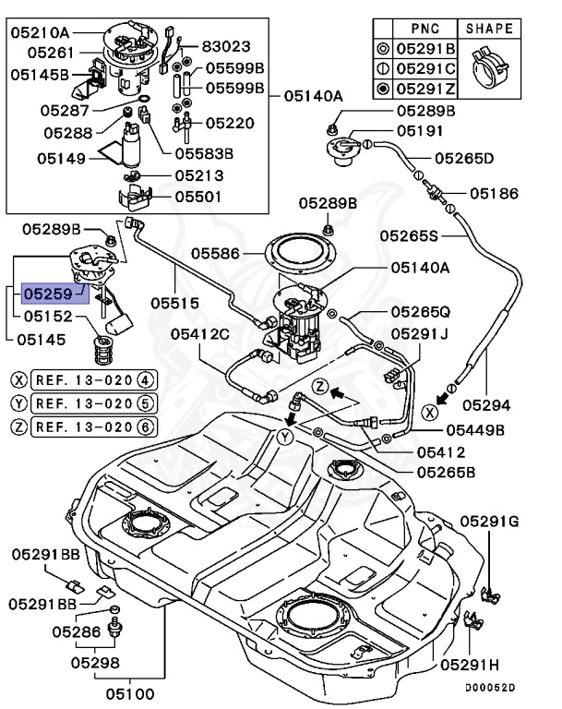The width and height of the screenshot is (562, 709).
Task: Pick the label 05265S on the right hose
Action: (x=434, y=235)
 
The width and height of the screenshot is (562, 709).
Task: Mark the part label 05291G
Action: (x=489, y=523)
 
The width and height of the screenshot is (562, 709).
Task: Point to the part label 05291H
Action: (x=470, y=664)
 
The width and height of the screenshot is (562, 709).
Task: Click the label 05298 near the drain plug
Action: (x=98, y=662)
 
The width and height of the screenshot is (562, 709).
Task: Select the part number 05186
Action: (x=494, y=194)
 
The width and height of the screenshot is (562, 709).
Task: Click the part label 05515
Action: (x=176, y=300)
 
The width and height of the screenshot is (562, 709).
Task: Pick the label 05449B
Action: (x=475, y=429)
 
